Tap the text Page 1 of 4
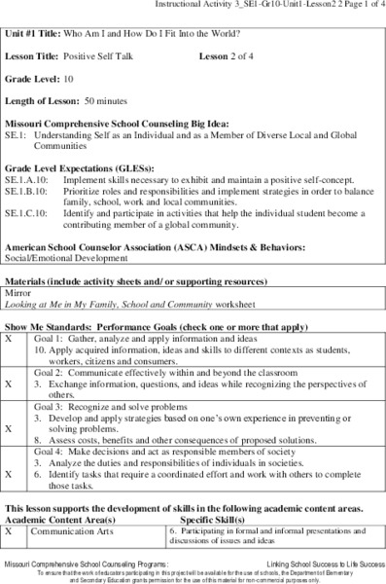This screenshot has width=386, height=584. (x=356, y=6)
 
